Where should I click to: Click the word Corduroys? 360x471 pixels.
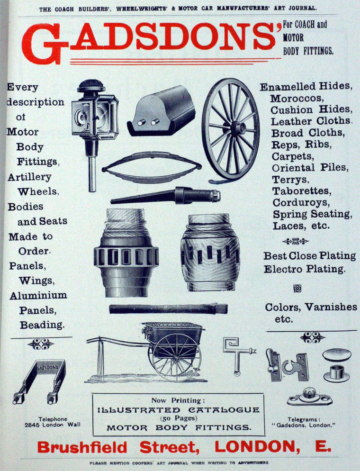[301, 203]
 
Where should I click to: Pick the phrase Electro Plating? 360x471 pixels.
[304, 269]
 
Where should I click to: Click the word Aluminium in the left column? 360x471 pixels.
[38, 296]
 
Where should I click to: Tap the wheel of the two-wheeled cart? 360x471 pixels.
[176, 357]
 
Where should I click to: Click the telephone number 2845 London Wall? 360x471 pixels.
[53, 425]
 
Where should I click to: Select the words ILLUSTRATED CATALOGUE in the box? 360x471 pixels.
[179, 410]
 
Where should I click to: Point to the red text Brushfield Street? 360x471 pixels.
[118, 448]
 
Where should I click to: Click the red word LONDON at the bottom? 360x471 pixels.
[257, 447]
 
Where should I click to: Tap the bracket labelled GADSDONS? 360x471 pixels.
[40, 381]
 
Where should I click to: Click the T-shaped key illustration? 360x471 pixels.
[238, 356]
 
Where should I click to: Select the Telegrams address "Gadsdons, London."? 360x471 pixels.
[304, 426]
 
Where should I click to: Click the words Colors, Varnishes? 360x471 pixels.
[311, 308]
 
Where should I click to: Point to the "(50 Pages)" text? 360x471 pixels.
[179, 418]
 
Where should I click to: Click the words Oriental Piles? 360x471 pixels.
[310, 168]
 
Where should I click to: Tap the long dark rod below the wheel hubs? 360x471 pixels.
[168, 309]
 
